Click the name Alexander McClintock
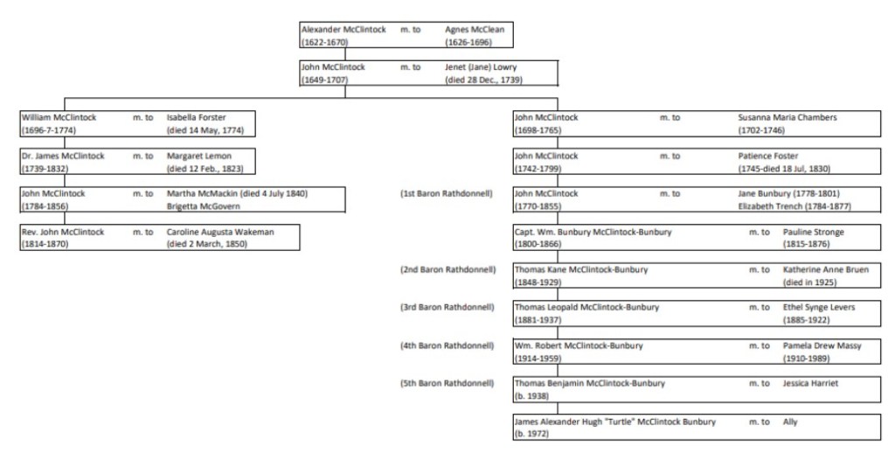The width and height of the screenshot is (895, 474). pos(343,30)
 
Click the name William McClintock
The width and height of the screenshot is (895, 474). pos(59,117)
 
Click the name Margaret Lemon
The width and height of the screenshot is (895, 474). pos(199,156)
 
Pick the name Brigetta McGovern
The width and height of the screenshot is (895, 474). pos(205,206)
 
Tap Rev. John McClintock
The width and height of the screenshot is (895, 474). pos(63,232)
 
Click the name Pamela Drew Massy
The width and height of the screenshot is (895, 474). pos(822,346)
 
